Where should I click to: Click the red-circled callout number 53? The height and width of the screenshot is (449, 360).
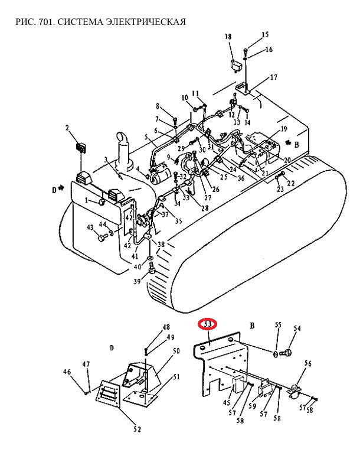(208, 324)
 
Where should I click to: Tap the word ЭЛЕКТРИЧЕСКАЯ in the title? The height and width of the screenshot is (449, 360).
(146, 21)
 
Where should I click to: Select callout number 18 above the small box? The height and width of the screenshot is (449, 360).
(228, 37)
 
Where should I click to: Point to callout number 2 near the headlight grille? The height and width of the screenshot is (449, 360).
(67, 128)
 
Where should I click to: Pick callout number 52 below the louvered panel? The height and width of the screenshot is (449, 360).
(138, 430)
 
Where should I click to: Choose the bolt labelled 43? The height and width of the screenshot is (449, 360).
(102, 237)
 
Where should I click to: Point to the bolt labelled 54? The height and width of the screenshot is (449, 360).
(286, 353)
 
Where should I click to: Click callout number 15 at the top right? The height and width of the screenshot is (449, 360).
(265, 34)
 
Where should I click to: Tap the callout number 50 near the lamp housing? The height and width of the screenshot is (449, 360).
(176, 350)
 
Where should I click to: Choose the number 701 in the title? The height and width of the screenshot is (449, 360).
(45, 21)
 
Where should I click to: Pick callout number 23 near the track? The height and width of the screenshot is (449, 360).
(280, 188)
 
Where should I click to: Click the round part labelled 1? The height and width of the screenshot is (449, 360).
(102, 202)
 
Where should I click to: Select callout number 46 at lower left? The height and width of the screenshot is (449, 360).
(67, 372)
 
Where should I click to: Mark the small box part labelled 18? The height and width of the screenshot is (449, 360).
(238, 66)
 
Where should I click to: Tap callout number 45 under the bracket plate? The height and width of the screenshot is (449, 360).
(227, 402)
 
